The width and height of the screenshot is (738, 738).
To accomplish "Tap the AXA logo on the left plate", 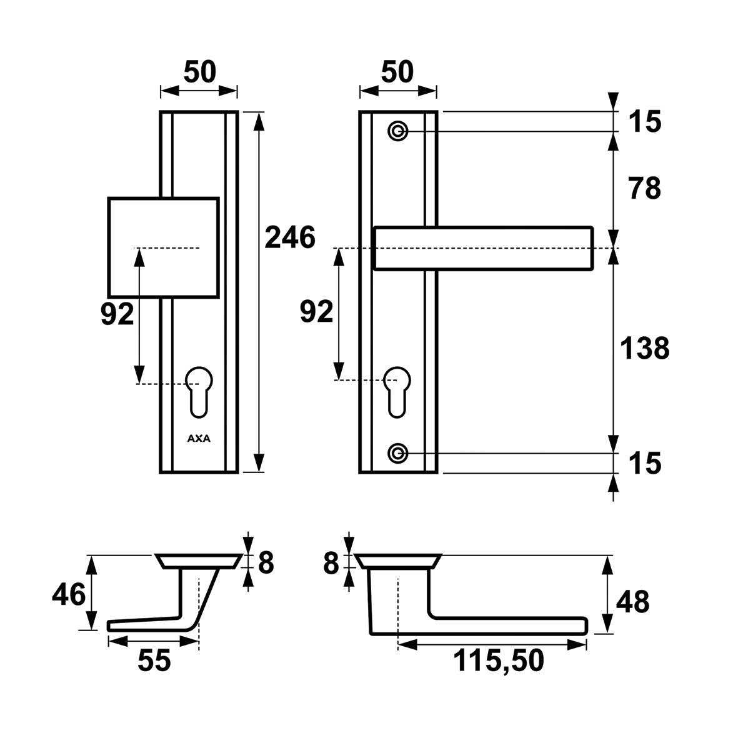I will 199,438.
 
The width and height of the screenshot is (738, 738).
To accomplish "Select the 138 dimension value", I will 644,349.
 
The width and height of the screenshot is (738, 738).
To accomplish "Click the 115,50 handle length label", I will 498,661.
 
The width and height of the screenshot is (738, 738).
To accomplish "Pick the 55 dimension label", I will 154,661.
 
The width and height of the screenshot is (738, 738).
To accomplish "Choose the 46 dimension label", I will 69,594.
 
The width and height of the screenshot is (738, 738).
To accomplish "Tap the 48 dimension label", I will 632,602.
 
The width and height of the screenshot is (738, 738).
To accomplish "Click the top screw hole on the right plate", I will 398,131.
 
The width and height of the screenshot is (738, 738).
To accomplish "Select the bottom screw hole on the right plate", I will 398,452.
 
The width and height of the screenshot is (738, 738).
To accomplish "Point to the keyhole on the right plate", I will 397,389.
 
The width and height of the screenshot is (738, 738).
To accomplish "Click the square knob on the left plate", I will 163,247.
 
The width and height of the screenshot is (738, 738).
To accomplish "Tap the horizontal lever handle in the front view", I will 482,248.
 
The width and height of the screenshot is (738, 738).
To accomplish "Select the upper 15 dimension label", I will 644,122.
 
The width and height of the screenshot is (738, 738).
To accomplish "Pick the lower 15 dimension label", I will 644,464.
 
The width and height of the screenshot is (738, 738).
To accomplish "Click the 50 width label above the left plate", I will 199,72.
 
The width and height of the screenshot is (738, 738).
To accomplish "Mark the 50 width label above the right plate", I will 397,72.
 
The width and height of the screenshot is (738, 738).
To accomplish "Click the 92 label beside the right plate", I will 316,311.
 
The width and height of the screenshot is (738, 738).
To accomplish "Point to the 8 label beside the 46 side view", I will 266,563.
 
